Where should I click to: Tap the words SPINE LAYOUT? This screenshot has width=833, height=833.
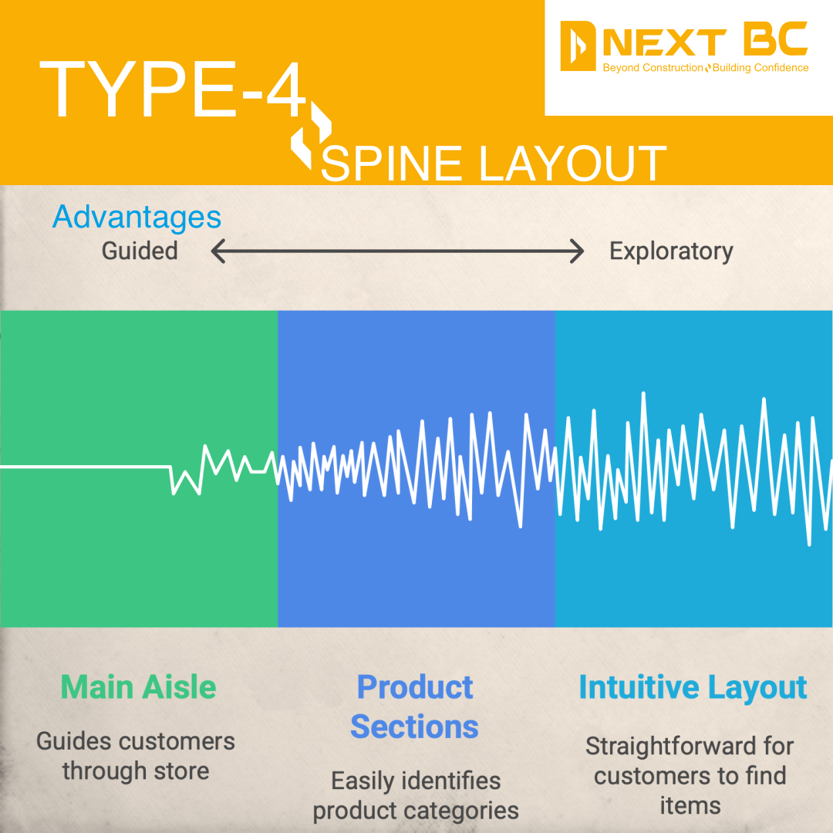[x=493, y=164]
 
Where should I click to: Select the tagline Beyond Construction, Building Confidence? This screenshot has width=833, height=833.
[x=705, y=69]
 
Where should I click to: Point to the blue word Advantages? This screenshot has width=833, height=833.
[x=137, y=218]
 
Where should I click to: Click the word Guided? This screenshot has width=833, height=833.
[x=140, y=251]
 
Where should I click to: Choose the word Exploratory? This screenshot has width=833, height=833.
[x=670, y=251]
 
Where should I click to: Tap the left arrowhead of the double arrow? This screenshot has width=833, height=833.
[x=218, y=251]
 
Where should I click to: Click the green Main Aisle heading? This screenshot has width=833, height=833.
[x=138, y=687]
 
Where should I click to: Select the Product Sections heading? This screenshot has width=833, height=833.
[x=415, y=707]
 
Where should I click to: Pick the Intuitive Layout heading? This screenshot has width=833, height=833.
[x=693, y=687]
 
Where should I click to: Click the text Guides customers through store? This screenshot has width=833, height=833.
[x=136, y=756]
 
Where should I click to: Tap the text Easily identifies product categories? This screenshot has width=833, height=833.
[x=416, y=795]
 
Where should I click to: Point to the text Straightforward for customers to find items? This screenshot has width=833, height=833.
[x=690, y=776]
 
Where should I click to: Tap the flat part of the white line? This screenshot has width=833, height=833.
[x=85, y=467]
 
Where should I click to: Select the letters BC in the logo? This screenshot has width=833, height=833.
[x=774, y=40]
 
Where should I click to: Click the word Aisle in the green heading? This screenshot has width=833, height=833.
[x=182, y=687]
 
